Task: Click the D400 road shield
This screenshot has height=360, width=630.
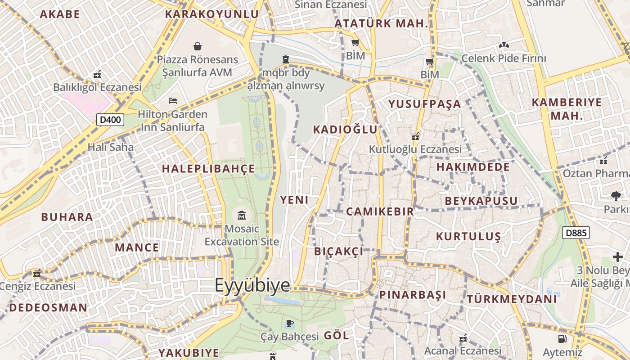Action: (110, 120)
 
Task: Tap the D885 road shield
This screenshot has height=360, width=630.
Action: (576, 233)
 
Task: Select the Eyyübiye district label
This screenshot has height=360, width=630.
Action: (252, 285)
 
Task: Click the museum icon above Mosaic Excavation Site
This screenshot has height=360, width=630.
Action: (242, 215)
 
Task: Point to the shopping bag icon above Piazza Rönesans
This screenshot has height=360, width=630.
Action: (197, 46)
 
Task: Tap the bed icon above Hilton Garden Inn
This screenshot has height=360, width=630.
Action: (173, 100)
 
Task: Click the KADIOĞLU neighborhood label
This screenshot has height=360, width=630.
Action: (345, 130)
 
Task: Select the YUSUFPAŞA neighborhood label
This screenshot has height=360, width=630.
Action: (425, 104)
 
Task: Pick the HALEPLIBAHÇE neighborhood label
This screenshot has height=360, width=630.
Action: (208, 169)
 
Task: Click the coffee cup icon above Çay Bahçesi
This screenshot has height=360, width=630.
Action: (289, 323)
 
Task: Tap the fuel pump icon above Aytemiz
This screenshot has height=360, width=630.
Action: (562, 339)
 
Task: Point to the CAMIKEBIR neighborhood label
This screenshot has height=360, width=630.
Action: (380, 211)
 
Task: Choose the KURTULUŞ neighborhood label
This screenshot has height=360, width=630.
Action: (468, 236)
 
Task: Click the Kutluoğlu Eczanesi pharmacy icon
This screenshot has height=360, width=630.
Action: (416, 135)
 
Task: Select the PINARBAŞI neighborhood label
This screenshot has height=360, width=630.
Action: (413, 295)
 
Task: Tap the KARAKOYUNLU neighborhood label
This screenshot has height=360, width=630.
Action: (211, 14)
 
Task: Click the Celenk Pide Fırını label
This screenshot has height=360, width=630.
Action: (504, 58)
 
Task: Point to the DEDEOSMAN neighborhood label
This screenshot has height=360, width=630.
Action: (48, 308)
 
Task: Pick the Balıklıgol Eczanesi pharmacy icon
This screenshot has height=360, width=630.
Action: (97, 74)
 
